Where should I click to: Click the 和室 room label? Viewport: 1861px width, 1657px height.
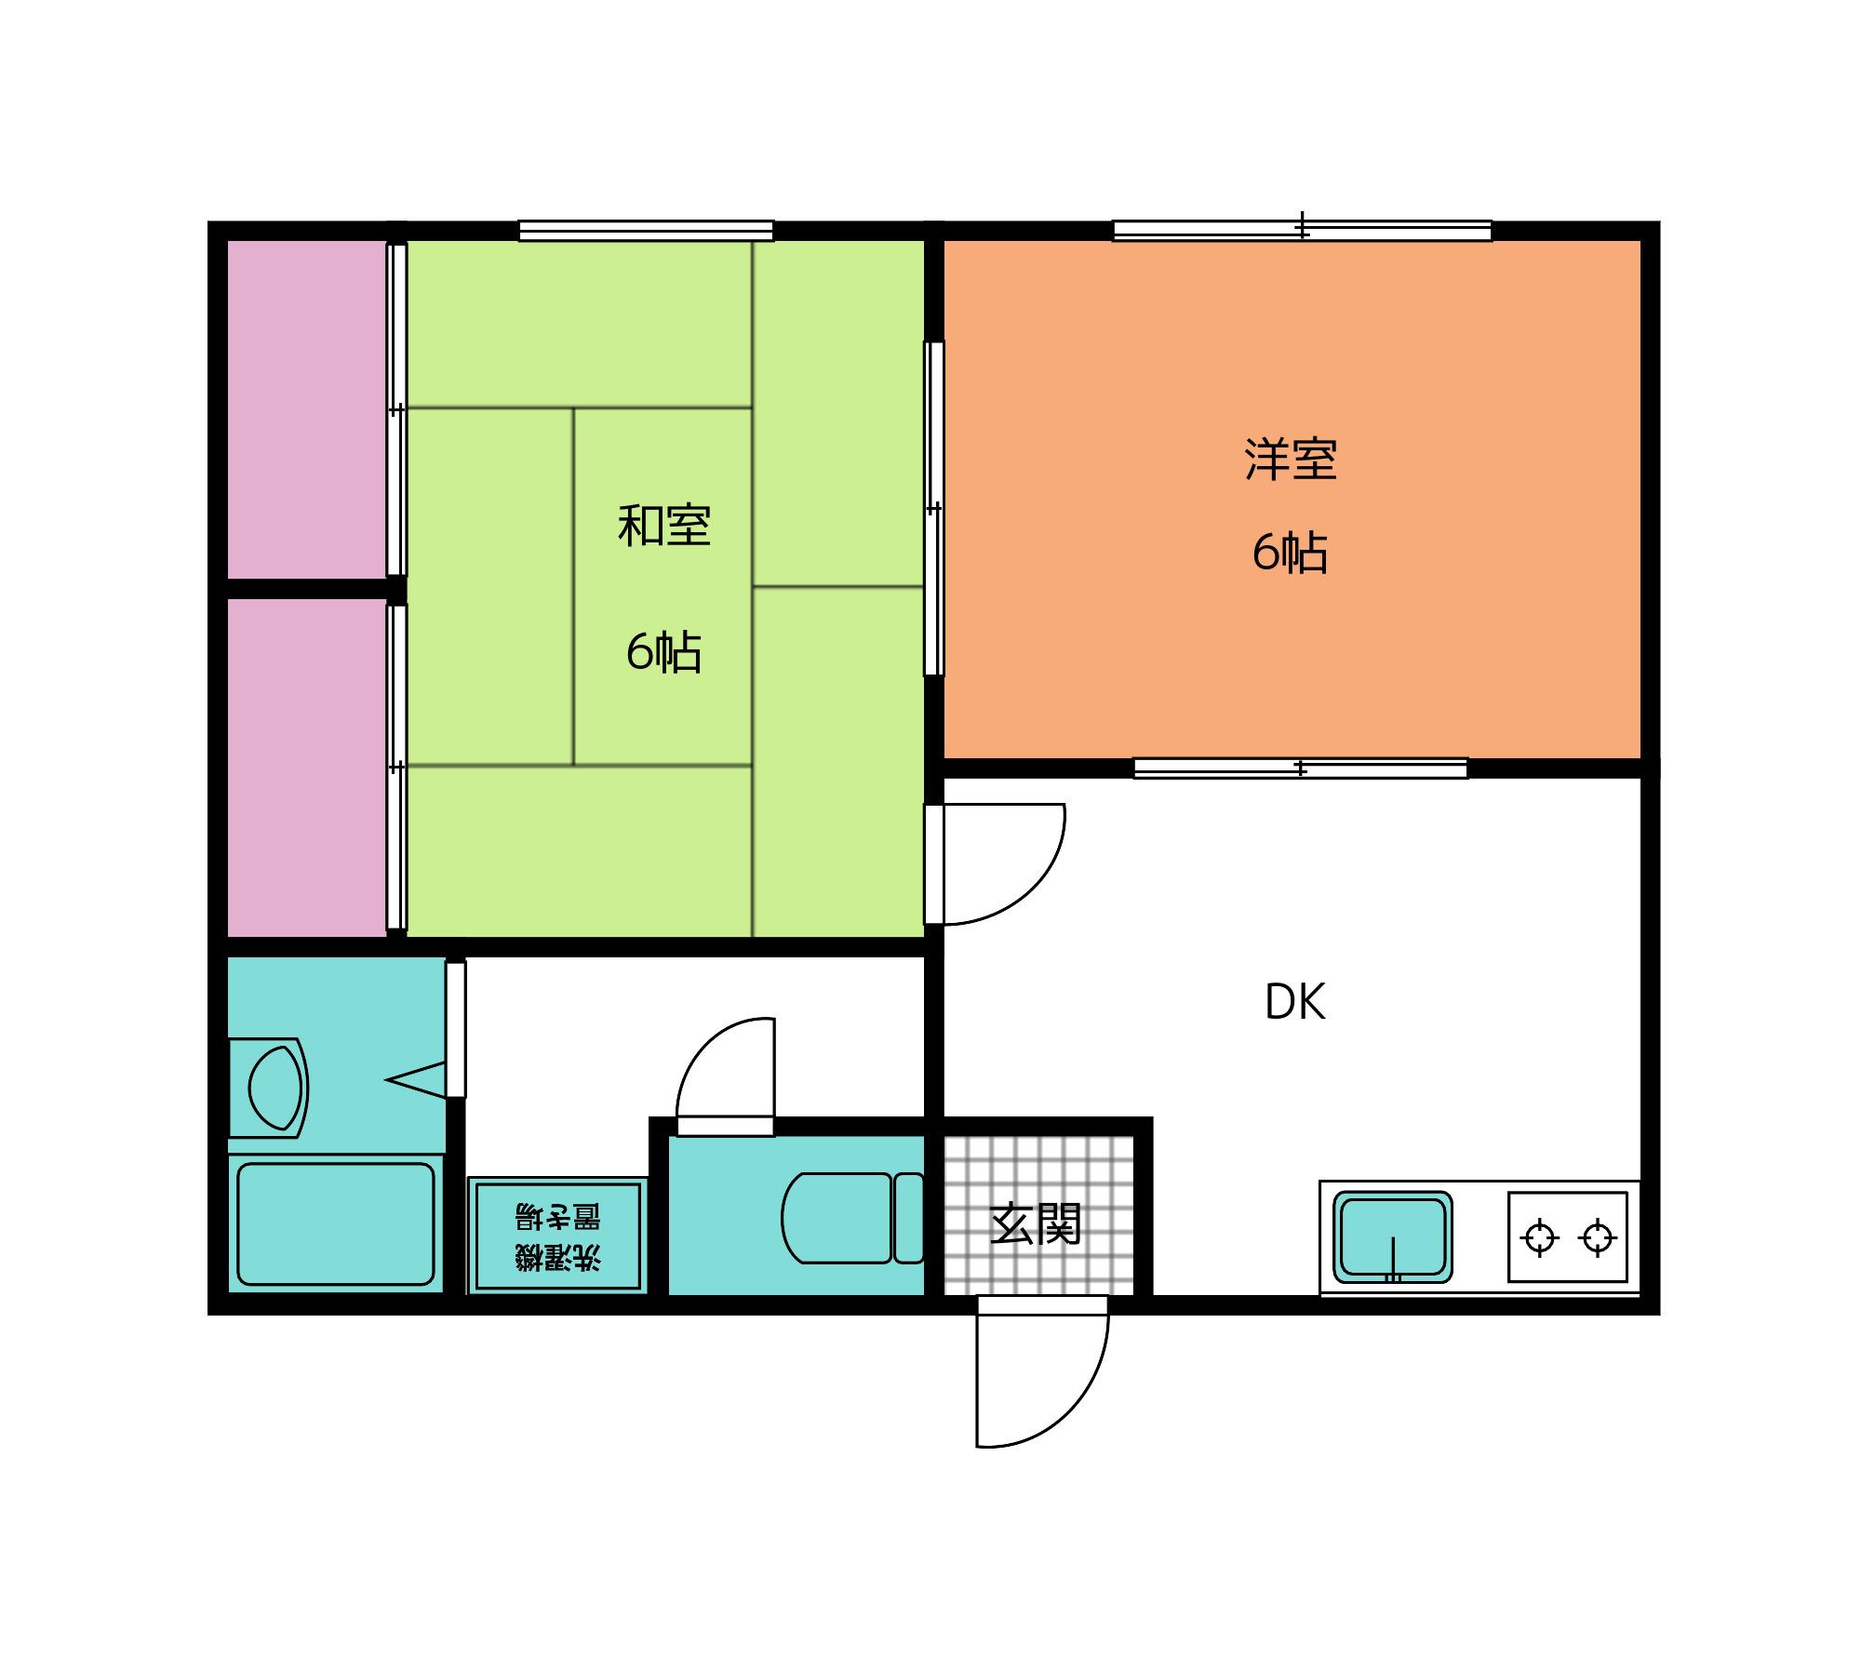(x=664, y=526)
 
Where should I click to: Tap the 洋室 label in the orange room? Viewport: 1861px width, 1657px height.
(x=1291, y=460)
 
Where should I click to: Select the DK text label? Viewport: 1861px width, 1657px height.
(x=1294, y=1003)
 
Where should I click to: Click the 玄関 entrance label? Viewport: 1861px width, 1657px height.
(x=1035, y=1223)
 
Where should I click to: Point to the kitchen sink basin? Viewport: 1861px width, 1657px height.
(x=1393, y=1236)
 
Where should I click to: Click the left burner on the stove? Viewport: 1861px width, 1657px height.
(x=1540, y=1237)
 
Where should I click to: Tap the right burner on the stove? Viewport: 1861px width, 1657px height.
(x=1598, y=1237)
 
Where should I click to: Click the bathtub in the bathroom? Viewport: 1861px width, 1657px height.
(x=336, y=1223)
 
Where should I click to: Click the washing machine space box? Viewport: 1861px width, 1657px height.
(x=556, y=1236)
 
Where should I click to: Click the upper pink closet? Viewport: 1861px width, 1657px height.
(x=307, y=409)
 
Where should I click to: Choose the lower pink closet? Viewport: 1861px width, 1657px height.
(x=307, y=768)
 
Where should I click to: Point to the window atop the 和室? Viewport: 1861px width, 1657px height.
(x=646, y=231)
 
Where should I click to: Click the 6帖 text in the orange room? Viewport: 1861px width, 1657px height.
(x=1289, y=553)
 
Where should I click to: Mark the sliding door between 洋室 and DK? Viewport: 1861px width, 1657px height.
(x=1300, y=768)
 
